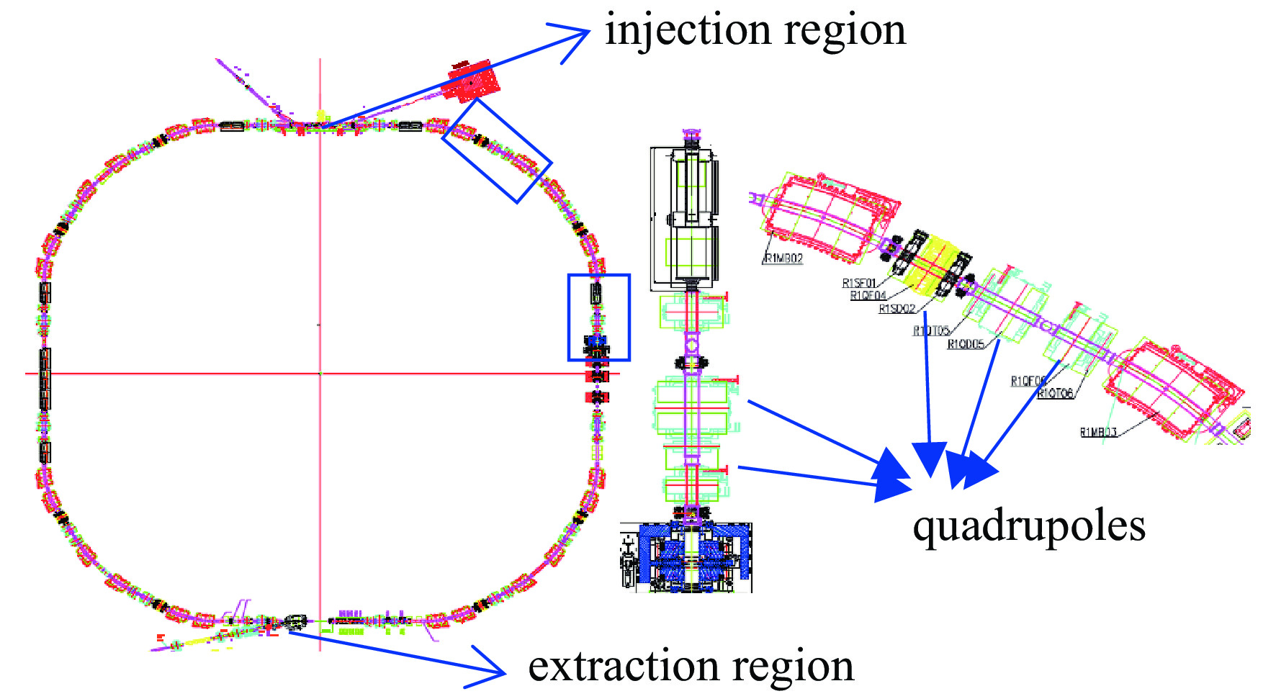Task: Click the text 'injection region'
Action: [755, 30]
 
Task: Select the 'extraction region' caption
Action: [691, 666]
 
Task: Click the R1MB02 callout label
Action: [783, 258]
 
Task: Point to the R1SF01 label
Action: [859, 283]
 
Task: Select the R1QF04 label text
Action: [868, 295]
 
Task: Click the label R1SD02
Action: [897, 309]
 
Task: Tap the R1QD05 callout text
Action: [965, 344]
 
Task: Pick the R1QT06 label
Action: [1055, 393]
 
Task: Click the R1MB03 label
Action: [1098, 432]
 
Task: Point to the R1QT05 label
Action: [931, 331]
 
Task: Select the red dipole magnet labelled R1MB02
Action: [828, 216]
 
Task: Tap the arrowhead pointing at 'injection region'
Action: [576, 37]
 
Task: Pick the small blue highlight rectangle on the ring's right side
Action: [598, 317]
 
